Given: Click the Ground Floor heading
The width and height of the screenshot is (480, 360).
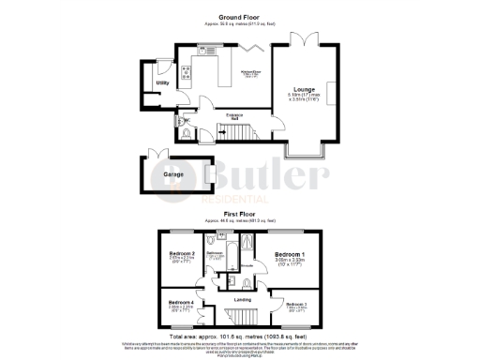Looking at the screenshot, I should (239, 17).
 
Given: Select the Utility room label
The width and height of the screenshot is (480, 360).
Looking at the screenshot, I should (162, 83).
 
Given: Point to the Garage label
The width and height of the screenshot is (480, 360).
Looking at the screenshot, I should (172, 174).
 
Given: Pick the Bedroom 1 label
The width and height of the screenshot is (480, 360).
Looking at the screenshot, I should (286, 255).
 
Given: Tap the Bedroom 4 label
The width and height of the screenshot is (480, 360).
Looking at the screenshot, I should (181, 303).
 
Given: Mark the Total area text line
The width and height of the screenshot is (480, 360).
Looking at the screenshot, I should (239, 335).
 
